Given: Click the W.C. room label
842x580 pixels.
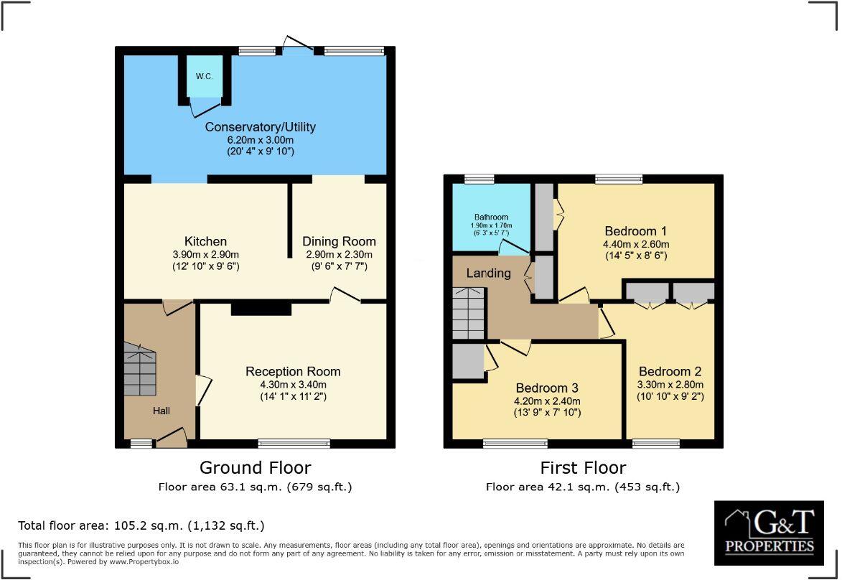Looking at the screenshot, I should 204,76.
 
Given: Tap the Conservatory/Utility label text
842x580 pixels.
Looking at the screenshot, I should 260,127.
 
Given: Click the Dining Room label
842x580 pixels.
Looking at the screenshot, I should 339,241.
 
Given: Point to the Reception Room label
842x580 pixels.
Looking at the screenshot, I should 293,371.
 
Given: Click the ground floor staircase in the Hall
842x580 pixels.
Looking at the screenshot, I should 140,370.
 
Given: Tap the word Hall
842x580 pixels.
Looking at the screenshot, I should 161,411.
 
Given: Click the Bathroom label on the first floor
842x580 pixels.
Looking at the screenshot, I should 491,217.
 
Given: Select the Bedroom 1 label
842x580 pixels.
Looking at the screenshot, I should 635,231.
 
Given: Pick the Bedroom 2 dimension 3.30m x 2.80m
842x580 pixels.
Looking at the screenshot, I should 670,385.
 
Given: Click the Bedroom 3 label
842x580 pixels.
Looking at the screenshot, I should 547,388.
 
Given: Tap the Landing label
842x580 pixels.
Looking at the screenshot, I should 488,273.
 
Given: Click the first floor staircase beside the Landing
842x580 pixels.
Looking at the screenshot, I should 469,312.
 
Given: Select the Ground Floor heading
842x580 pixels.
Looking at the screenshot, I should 255,468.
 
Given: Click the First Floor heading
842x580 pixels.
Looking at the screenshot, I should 583,468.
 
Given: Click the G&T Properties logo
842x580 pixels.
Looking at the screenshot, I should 769,532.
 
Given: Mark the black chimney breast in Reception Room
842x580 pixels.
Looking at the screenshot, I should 261,309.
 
